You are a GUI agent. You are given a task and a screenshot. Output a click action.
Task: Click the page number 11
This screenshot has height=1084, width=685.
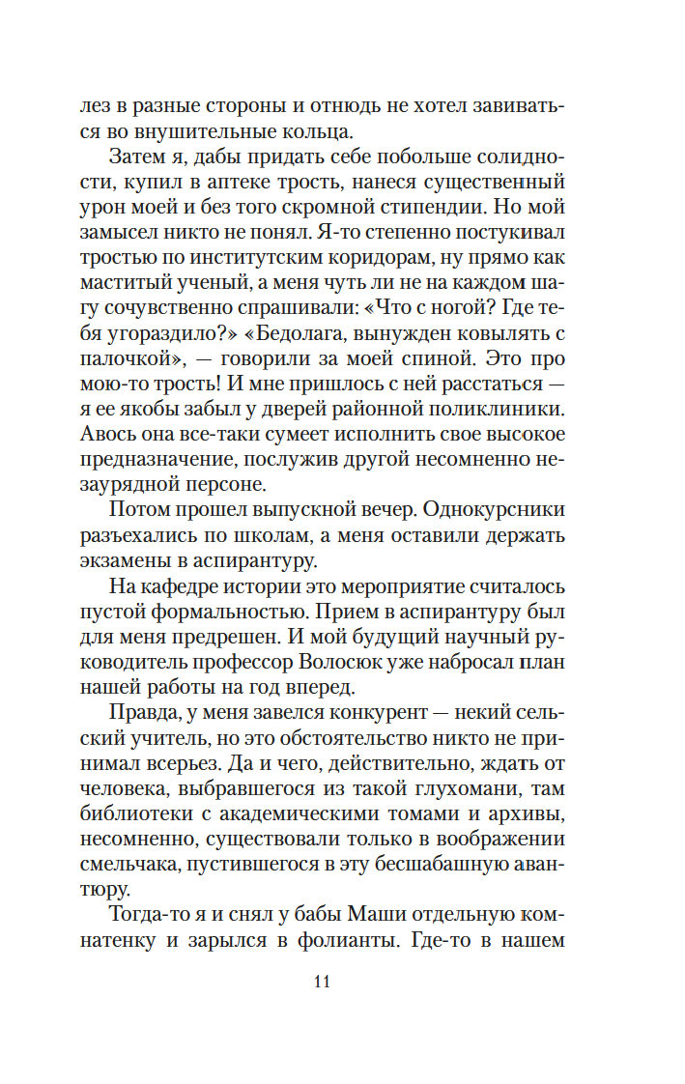[323, 983]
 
